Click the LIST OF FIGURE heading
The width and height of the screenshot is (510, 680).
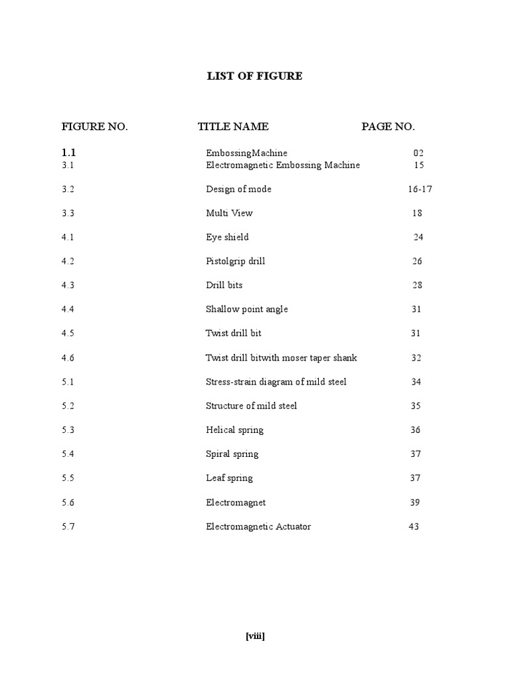coord(254,76)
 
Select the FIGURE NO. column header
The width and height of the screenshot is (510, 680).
coord(94,127)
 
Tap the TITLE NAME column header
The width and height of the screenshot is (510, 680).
coord(233,127)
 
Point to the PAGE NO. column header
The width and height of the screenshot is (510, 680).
coord(388,127)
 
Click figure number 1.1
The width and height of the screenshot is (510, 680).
coord(69,153)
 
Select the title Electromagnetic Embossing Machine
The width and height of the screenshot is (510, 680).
coord(283,165)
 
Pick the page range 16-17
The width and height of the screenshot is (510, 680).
coord(420,189)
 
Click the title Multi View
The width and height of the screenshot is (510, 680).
coord(229,213)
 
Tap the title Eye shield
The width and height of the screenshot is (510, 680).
coord(227,237)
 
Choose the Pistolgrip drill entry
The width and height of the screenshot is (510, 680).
coord(235,261)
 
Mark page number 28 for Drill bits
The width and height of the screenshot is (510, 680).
coord(417,285)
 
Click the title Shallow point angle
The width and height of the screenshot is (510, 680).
coord(246,309)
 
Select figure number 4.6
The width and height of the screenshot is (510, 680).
coord(68,357)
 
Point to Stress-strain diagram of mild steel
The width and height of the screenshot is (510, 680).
coord(276,382)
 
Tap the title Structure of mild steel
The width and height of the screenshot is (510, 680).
coord(251,406)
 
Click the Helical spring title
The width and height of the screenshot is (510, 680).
coord(234,430)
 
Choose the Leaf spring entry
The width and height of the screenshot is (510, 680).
coord(229,477)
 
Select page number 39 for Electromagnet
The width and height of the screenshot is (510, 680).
coord(415,502)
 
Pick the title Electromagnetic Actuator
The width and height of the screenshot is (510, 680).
coord(258,527)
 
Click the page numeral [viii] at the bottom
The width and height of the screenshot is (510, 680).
coord(255,636)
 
